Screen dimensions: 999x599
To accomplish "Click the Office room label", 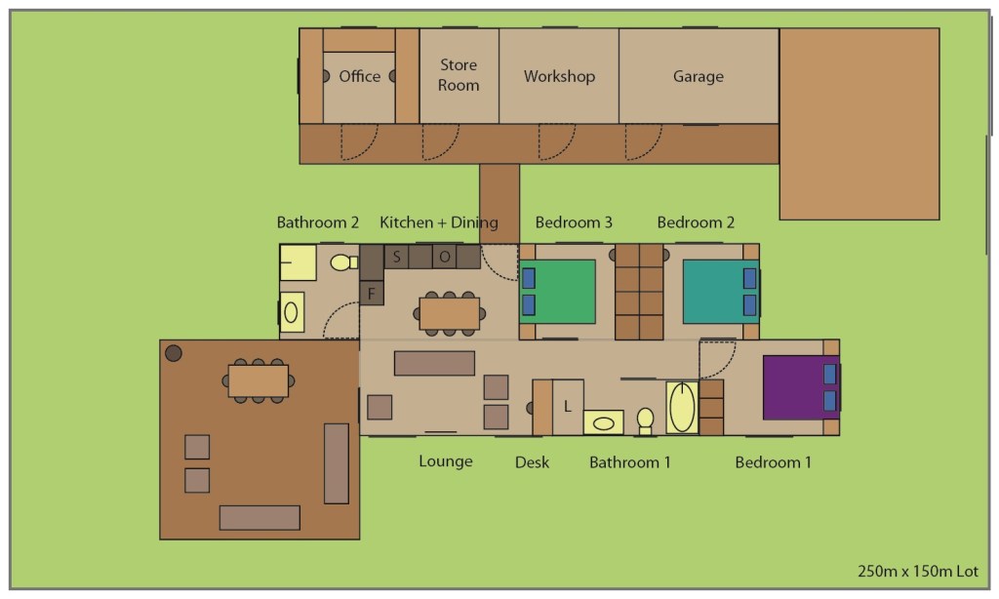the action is (x=359, y=76).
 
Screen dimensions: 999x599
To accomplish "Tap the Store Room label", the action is (x=459, y=74).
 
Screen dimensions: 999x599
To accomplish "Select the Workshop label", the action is (x=559, y=76).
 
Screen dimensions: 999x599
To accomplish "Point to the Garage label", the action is (x=699, y=76).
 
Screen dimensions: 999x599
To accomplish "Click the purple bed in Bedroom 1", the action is (x=802, y=387).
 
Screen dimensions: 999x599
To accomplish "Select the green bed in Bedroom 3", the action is (x=558, y=292).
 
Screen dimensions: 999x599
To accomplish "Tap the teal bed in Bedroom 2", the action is (x=721, y=292).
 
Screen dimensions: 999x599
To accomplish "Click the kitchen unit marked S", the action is (x=396, y=257).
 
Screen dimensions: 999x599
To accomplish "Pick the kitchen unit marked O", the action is (x=445, y=257).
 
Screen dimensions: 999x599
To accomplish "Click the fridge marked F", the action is (x=372, y=294).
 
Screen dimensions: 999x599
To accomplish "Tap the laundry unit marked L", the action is (x=568, y=407).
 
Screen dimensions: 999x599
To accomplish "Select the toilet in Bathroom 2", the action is (x=344, y=261).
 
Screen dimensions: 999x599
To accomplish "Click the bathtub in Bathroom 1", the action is (x=682, y=407).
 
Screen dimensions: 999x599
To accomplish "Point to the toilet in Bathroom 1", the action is (x=646, y=420).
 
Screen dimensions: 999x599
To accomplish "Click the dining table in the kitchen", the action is (x=449, y=313).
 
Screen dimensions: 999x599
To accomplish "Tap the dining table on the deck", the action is (x=258, y=381).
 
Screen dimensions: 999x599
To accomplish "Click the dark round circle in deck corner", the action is (x=174, y=353).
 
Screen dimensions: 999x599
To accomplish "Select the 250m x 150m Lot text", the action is (x=917, y=571).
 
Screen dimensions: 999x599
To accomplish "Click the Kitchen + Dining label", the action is (x=439, y=222).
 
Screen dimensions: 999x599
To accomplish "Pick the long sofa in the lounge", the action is (x=434, y=363).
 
